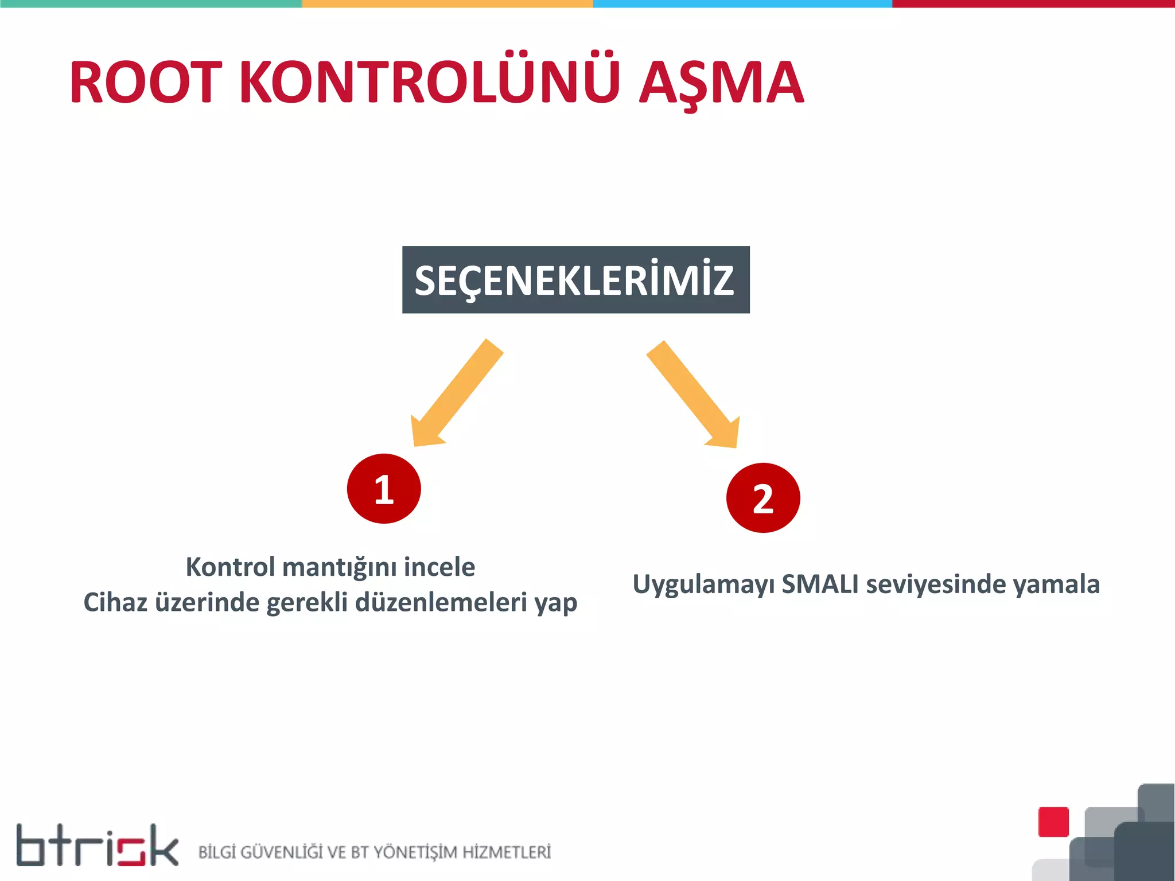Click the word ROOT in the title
(146, 83)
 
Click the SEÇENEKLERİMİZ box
(575, 280)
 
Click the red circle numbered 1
(384, 489)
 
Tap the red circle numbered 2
(762, 498)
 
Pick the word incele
(439, 567)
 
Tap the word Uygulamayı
(703, 585)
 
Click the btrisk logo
(97, 845)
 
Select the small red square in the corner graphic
(1053, 822)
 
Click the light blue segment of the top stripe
(742, 3)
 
